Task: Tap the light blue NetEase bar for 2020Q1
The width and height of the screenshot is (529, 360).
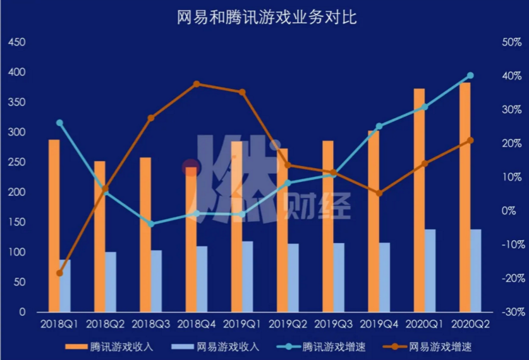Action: tap(430, 270)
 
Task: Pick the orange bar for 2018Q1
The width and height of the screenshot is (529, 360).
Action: tap(54, 225)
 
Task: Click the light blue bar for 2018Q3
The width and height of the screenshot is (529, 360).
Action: tap(156, 280)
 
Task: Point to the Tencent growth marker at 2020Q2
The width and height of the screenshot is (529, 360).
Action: tap(470, 76)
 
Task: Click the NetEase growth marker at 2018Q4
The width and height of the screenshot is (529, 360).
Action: tap(197, 84)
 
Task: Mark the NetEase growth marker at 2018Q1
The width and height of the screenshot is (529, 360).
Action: tap(59, 273)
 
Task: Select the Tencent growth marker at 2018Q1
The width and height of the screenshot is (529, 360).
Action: tap(59, 123)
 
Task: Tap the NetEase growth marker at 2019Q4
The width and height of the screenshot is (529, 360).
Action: tap(379, 193)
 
